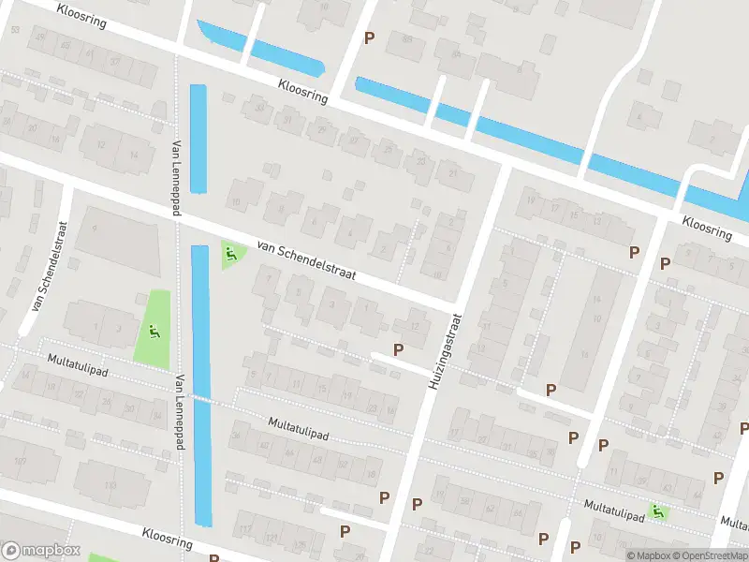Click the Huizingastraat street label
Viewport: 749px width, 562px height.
tap(446, 350)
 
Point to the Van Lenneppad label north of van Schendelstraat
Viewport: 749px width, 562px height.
tap(176, 179)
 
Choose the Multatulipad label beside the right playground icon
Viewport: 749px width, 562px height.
tap(614, 506)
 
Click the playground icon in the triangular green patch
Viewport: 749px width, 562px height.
tap(230, 253)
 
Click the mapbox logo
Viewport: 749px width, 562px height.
tap(40, 551)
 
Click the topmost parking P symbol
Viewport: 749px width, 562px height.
tap(370, 37)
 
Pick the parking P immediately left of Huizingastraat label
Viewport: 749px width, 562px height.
tap(399, 349)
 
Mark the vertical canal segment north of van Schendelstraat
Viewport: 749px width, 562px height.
tap(198, 139)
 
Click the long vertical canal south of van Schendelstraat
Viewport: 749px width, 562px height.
tap(200, 384)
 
